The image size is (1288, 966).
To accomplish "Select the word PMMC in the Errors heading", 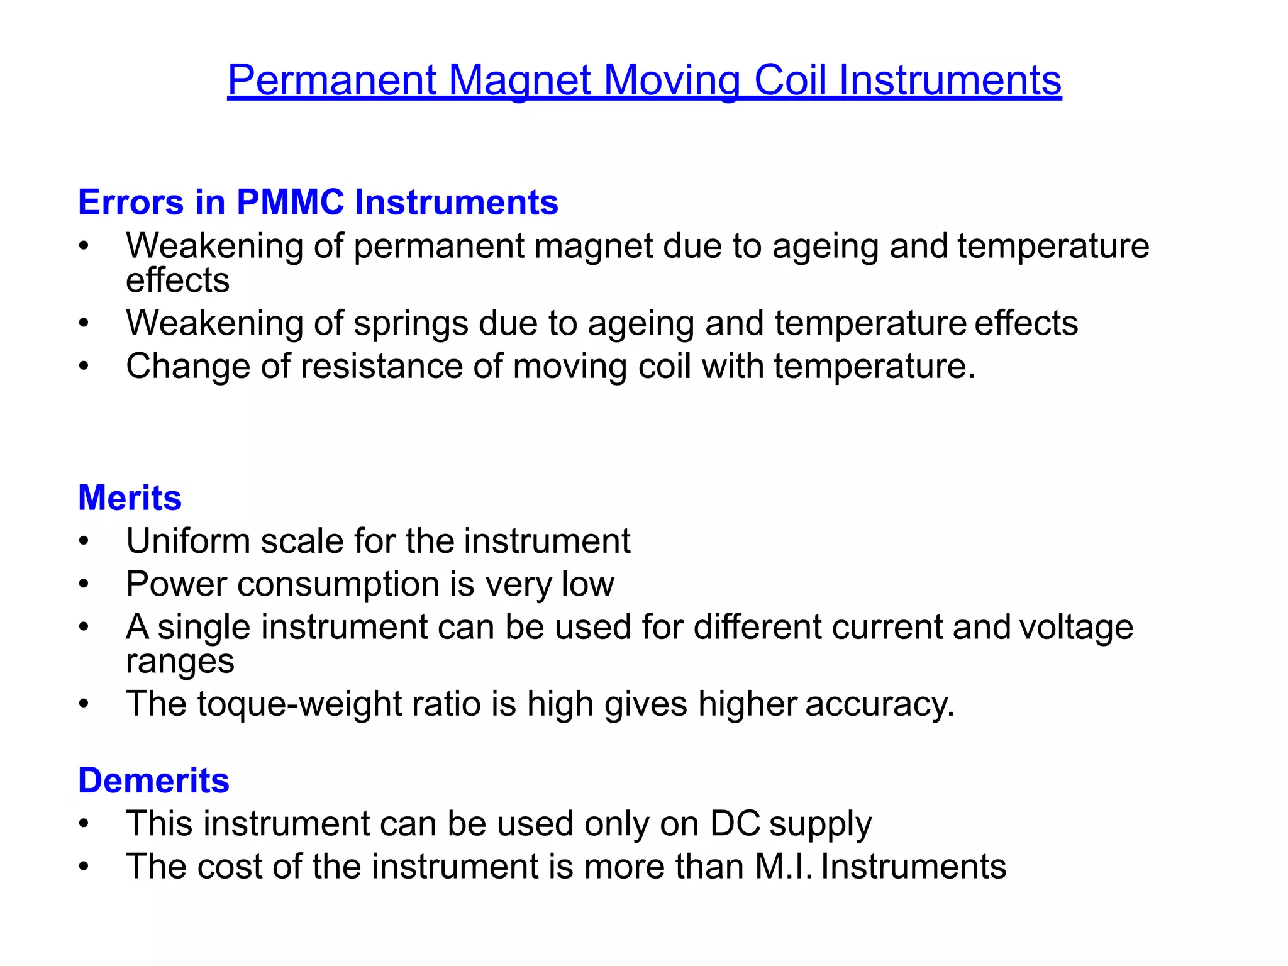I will [290, 203].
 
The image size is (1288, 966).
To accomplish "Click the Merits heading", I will [130, 498].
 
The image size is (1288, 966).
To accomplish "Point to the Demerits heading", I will [153, 780].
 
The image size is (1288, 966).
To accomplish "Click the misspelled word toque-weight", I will [299, 704].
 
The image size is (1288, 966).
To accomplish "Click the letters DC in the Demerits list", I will [735, 823].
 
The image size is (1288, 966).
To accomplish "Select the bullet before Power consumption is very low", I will [84, 584].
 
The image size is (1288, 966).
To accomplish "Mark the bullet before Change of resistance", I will [84, 367].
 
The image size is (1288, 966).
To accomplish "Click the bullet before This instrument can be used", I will [84, 824].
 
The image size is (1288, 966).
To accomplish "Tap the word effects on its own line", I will [177, 280].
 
